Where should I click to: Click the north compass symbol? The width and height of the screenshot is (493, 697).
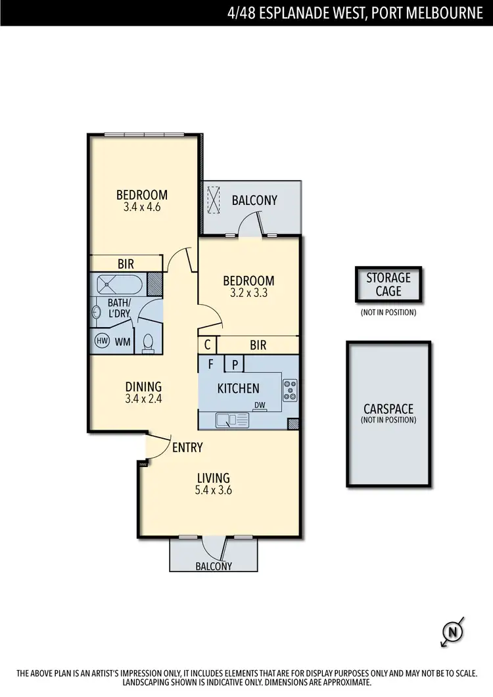click(x=452, y=632)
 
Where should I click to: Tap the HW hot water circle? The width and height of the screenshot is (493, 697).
click(x=102, y=341)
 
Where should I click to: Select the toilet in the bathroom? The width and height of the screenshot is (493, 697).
click(x=148, y=343)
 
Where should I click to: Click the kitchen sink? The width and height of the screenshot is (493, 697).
click(x=231, y=418)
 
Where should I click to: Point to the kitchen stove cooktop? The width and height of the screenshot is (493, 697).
click(x=290, y=390)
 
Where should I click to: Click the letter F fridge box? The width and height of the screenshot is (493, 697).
click(x=211, y=364)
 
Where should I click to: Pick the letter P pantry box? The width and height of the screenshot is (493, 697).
click(x=233, y=364)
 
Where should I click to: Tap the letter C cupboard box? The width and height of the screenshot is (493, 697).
click(x=208, y=344)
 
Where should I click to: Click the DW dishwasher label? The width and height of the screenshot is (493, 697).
click(x=260, y=406)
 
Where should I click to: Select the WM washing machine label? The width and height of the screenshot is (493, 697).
click(x=123, y=342)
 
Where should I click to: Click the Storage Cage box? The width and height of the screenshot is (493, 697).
click(x=388, y=284)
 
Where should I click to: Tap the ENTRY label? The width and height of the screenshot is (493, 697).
click(x=187, y=448)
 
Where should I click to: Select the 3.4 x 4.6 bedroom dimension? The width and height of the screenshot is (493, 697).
click(x=141, y=206)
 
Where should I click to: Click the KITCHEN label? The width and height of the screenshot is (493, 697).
click(x=238, y=388)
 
